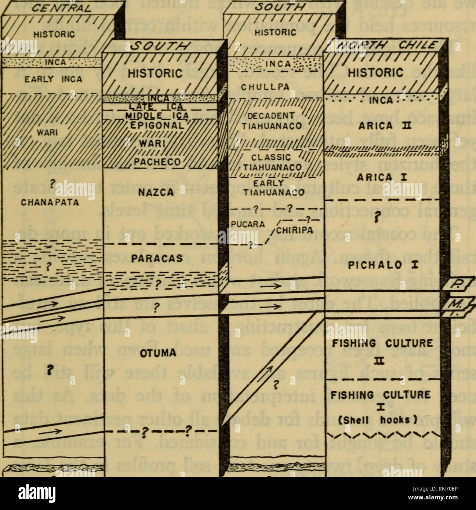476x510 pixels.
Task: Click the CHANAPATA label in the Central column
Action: click(56, 202)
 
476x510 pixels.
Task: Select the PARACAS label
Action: click(157, 258)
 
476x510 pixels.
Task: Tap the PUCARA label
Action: click(248, 224)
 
